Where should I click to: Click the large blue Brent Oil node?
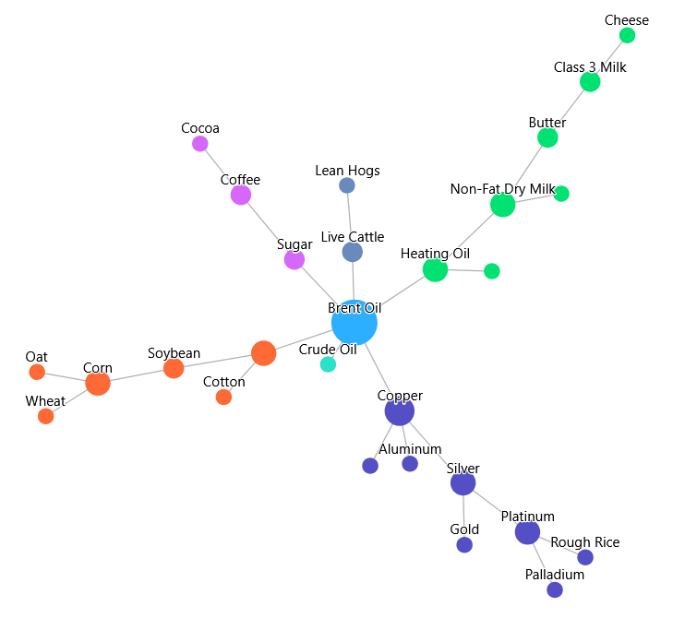[x=355, y=323]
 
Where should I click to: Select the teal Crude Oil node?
[x=328, y=364]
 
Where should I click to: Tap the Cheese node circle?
[x=627, y=35]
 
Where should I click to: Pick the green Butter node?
[x=547, y=137]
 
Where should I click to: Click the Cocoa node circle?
[x=200, y=144]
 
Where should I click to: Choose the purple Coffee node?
[x=241, y=195]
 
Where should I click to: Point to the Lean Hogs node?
[x=347, y=185]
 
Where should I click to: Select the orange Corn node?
[x=98, y=383]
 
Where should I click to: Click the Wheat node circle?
[x=46, y=416]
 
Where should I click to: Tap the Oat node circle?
[x=37, y=372]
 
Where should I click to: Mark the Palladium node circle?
[x=555, y=589]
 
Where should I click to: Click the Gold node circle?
[x=464, y=545]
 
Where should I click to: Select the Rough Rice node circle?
[x=585, y=557]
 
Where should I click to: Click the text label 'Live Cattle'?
[x=353, y=237]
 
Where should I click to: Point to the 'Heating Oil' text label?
[x=435, y=254]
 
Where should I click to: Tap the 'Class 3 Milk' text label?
[x=590, y=67]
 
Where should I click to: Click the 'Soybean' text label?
[x=174, y=353]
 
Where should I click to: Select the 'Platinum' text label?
[x=527, y=517]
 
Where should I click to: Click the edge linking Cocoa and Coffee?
[x=220, y=168]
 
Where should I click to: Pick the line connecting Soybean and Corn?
[x=136, y=376]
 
